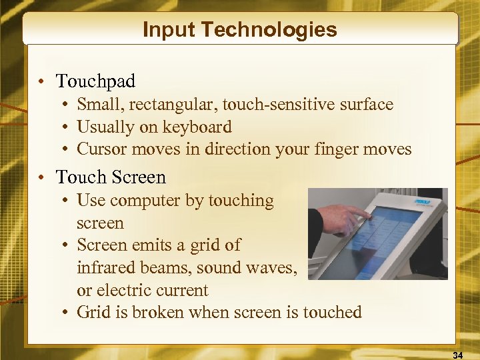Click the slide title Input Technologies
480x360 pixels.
pyautogui.click(x=240, y=30)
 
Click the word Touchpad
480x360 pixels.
pyautogui.click(x=95, y=81)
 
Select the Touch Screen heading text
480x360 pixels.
pyautogui.click(x=111, y=177)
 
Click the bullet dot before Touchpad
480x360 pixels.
pyautogui.click(x=41, y=82)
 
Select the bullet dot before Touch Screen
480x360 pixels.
pyautogui.click(x=41, y=178)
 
